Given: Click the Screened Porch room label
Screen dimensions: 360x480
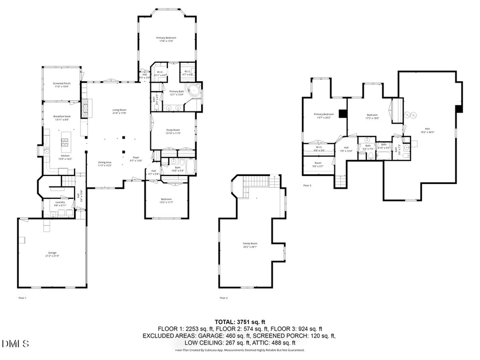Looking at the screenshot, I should [x=62, y=85].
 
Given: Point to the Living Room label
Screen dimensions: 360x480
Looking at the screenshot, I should [x=119, y=111].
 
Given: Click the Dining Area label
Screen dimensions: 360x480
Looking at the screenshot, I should [x=105, y=163].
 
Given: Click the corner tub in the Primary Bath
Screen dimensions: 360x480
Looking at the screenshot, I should [x=195, y=90].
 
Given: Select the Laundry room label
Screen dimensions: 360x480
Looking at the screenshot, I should [x=60, y=203].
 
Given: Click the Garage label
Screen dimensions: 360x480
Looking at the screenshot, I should [x=52, y=254].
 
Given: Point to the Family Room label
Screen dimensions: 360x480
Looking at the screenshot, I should [x=250, y=245].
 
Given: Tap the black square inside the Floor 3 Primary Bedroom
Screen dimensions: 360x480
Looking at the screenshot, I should [x=342, y=113].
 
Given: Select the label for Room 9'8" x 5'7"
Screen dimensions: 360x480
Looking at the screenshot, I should [x=318, y=164].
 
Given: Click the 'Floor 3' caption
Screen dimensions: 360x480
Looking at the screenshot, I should [x=307, y=186].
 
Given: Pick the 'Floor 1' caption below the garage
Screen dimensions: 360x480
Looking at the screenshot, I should [x=22, y=298].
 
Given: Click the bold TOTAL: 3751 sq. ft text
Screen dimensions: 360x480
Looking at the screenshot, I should [x=239, y=322].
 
